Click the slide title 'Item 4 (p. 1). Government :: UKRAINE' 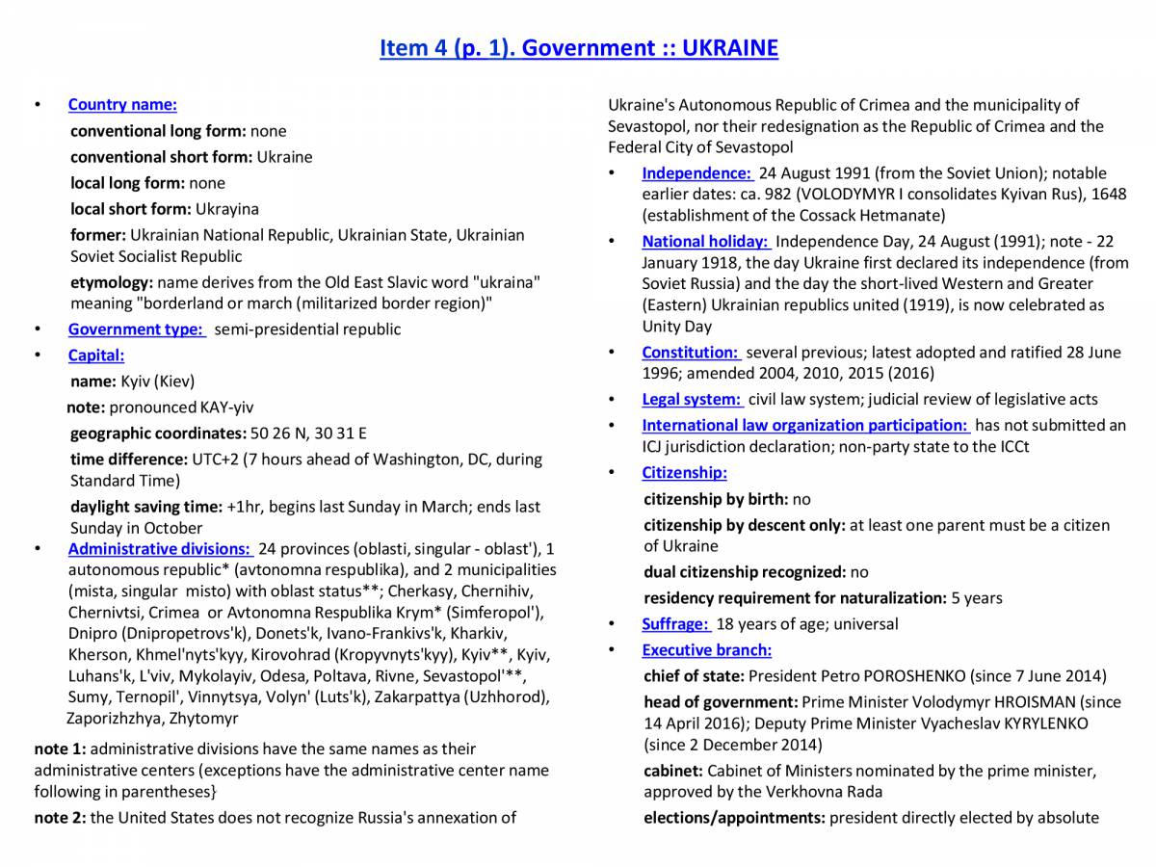click(x=578, y=48)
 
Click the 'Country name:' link click(x=122, y=105)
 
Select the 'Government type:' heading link click(x=135, y=329)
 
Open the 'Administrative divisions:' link click(x=159, y=549)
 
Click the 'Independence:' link click(x=696, y=173)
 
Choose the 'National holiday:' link click(x=704, y=242)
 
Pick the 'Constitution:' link click(x=690, y=353)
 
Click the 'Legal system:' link click(x=692, y=399)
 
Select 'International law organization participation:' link click(x=804, y=425)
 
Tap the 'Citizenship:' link click(x=684, y=473)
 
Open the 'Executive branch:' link click(x=706, y=650)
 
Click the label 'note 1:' click(x=60, y=749)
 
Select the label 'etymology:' click(x=112, y=282)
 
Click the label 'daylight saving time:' click(x=146, y=507)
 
